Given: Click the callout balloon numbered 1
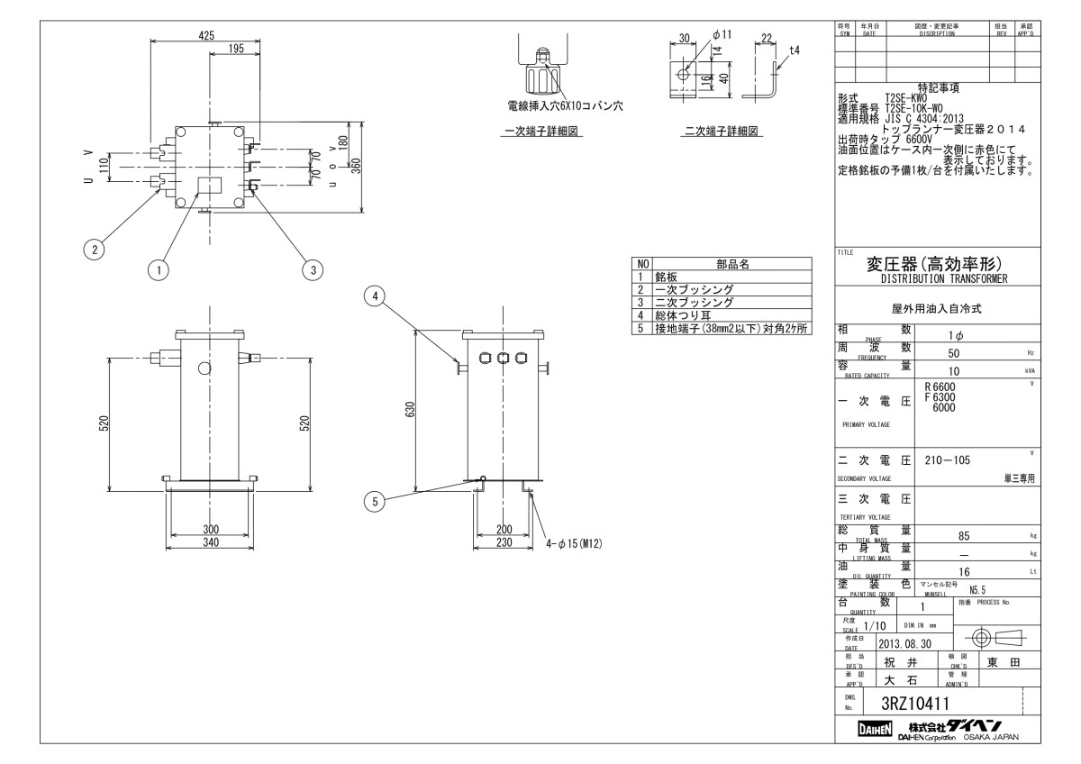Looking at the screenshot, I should (x=159, y=268).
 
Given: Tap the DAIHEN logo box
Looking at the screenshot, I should (x=873, y=728).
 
